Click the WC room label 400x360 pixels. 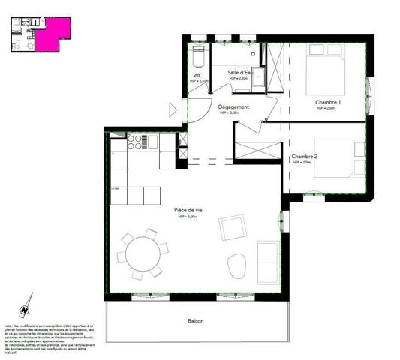197,76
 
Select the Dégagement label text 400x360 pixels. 233,107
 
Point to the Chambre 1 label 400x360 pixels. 328,102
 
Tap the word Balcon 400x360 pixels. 195,321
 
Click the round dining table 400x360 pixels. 141,252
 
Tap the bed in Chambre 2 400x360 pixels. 337,157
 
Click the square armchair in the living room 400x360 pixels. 233,227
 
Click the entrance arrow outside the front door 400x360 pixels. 175,110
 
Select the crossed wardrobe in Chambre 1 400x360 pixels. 275,67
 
